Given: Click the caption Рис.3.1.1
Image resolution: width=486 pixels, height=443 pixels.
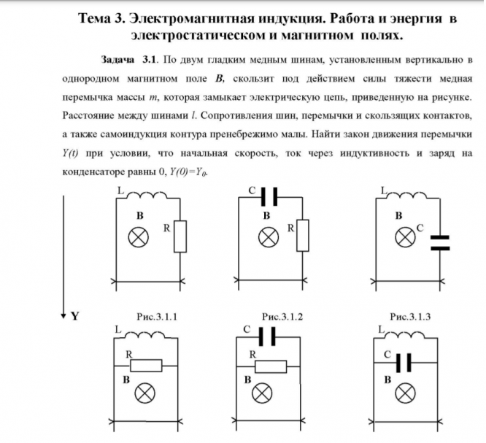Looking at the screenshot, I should pyautogui.click(x=156, y=317).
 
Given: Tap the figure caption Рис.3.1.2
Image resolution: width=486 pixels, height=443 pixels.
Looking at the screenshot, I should pyautogui.click(x=282, y=317).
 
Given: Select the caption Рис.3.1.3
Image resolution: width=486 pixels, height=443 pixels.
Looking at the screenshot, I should pyautogui.click(x=410, y=317).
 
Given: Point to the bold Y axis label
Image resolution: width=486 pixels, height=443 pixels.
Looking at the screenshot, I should pyautogui.click(x=75, y=317).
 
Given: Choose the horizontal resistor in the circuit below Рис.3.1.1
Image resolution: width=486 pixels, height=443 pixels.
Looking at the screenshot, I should pyautogui.click(x=150, y=364).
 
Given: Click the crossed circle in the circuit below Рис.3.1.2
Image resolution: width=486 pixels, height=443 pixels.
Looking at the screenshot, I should pyautogui.click(x=260, y=394).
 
